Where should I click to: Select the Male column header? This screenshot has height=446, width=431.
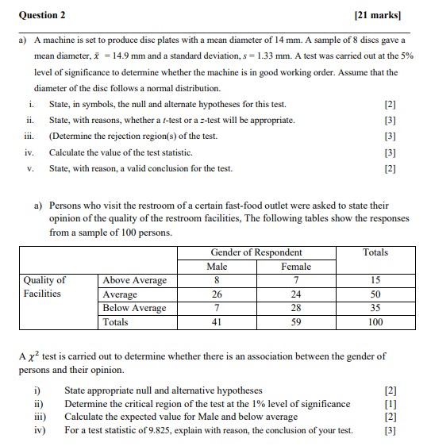tap(217, 267)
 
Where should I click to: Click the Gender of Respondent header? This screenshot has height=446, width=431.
tap(256, 252)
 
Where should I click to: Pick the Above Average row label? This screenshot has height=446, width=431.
tap(135, 280)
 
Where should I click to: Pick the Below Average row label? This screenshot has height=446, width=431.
tap(135, 308)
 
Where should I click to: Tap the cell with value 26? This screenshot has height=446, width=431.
tap(217, 294)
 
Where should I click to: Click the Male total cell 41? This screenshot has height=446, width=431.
tap(217, 322)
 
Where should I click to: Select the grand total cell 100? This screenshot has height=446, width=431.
tap(375, 322)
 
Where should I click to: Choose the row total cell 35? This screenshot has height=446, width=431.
tap(375, 308)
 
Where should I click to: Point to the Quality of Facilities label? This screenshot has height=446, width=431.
tap(45, 286)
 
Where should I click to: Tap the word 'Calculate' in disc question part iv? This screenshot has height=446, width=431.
tap(70, 152)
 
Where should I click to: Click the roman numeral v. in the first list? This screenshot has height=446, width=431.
tap(30, 168)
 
